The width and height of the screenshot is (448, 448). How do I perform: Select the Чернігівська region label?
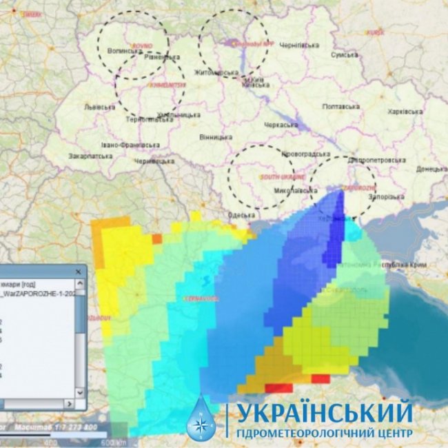coord(301,45)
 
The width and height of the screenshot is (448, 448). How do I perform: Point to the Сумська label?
coord(345,55)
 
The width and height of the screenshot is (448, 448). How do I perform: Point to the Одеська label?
coord(241,215)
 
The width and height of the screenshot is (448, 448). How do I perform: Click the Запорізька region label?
coord(387,197)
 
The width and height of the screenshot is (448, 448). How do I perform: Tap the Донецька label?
coord(431,168)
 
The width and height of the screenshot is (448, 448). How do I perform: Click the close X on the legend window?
coord(78,272)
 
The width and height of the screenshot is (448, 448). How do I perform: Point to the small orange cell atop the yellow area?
coord(157,238)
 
